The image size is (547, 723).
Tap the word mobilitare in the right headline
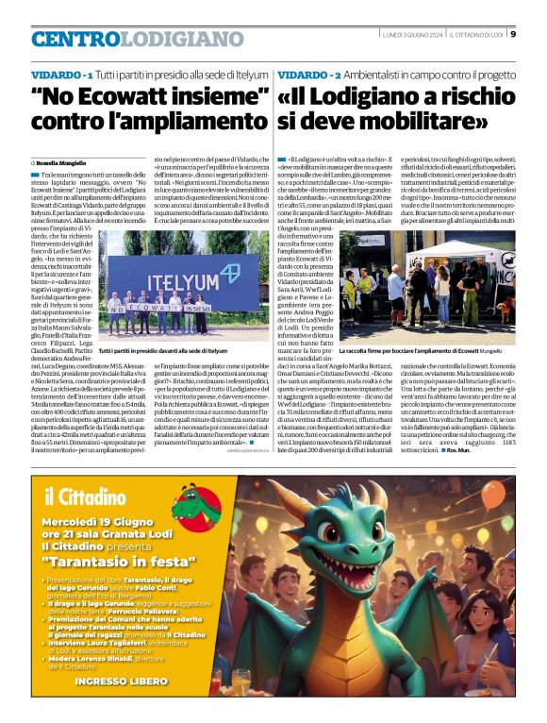pyautogui.click(x=427, y=122)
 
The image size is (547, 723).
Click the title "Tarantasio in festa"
pyautogui.click(x=114, y=559)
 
